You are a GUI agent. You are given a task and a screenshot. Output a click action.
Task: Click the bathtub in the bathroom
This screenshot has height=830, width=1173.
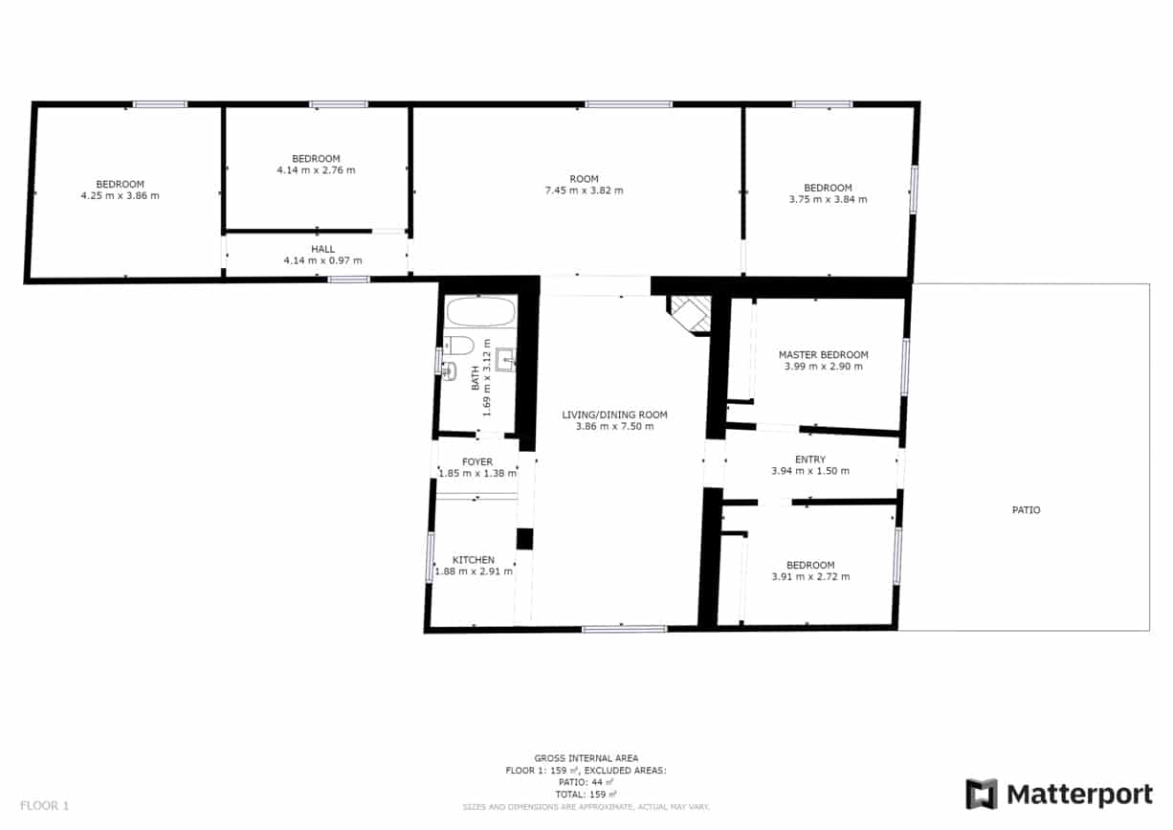[480, 312]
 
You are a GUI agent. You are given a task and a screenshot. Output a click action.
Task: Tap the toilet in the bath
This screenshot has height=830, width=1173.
[460, 346]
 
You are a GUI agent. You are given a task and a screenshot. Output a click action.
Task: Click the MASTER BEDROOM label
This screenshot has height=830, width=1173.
[823, 354]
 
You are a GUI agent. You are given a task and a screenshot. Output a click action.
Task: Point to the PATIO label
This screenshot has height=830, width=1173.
[1026, 510]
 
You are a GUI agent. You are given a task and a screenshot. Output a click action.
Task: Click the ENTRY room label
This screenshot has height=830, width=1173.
[809, 460]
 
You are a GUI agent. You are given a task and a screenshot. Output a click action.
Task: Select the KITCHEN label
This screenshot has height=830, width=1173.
[474, 560]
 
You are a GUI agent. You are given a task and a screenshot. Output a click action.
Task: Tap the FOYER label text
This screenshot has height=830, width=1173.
[477, 461]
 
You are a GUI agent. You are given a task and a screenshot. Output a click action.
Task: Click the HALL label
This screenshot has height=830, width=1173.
[322, 249]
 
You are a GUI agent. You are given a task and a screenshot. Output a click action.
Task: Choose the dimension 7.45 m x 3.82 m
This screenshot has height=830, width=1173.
[584, 191]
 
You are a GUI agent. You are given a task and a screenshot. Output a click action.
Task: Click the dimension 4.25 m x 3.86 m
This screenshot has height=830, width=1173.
[120, 196]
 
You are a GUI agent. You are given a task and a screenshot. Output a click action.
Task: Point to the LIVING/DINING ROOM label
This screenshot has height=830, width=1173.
[614, 415]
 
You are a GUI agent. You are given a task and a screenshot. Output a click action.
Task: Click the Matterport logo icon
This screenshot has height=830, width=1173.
[982, 794]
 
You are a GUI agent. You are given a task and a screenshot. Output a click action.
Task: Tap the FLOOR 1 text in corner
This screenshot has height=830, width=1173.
[45, 805]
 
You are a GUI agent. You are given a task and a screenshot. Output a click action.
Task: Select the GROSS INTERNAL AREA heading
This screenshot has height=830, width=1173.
[586, 758]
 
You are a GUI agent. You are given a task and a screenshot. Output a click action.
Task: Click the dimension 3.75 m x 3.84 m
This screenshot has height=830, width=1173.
[828, 200]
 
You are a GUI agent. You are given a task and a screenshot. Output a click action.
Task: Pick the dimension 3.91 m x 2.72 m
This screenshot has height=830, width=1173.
[810, 577]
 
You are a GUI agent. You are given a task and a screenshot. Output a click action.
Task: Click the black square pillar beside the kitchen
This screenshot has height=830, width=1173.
[524, 539]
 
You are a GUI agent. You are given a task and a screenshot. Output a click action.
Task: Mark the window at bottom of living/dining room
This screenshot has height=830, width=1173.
[624, 629]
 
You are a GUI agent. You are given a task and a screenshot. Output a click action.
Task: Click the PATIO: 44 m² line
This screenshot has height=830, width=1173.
[586, 782]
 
